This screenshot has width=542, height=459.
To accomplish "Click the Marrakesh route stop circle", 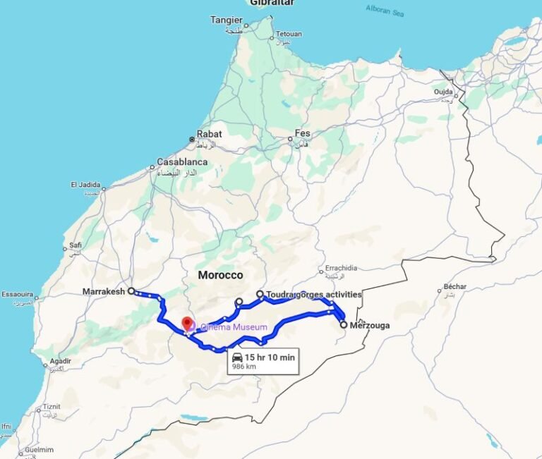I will click(131, 290).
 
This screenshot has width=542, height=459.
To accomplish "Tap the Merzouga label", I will click(370, 325).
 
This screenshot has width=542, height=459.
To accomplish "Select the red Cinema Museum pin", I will click(187, 324).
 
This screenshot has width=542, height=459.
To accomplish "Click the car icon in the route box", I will click(237, 357).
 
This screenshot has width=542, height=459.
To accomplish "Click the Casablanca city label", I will click(182, 161).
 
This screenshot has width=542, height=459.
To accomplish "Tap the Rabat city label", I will click(210, 134).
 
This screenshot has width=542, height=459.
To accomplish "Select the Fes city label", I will click(302, 133).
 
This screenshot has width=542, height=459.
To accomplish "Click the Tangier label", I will click(226, 20).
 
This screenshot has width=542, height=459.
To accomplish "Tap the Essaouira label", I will click(18, 294).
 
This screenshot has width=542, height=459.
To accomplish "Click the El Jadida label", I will click(85, 185).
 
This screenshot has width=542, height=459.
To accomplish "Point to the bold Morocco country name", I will click(220, 275).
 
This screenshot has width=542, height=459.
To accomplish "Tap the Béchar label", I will click(452, 288).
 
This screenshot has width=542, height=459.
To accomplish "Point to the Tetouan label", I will click(288, 34).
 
